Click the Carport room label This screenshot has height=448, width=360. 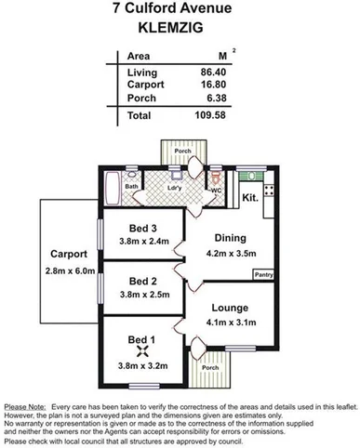click(71, 253)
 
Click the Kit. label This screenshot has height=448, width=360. click(249, 197)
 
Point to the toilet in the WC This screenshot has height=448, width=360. click(216, 178)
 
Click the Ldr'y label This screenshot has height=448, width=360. click(173, 187)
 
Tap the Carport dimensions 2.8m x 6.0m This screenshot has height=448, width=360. click(71, 270)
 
